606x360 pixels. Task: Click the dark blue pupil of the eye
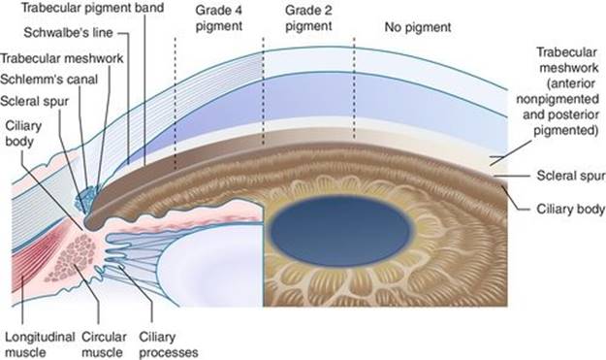(x=339, y=231)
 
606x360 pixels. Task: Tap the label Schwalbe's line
(x=68, y=32)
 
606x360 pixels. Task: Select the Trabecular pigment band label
(x=93, y=8)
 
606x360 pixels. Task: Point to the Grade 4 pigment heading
(x=219, y=18)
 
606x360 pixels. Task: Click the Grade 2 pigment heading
(x=308, y=18)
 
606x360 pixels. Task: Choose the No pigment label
(x=418, y=27)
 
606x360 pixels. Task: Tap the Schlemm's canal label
(x=48, y=80)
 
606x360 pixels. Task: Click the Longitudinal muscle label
(x=40, y=344)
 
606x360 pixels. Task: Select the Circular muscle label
(x=104, y=344)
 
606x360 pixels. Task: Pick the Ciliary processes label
(x=169, y=344)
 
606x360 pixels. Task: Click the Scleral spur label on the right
(x=571, y=176)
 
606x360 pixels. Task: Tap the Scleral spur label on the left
(x=34, y=101)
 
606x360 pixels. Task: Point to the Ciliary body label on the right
(x=570, y=209)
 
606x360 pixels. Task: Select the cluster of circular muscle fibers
(x=72, y=258)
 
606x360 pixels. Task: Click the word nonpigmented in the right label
(x=558, y=99)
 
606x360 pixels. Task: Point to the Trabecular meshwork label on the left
(x=62, y=58)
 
